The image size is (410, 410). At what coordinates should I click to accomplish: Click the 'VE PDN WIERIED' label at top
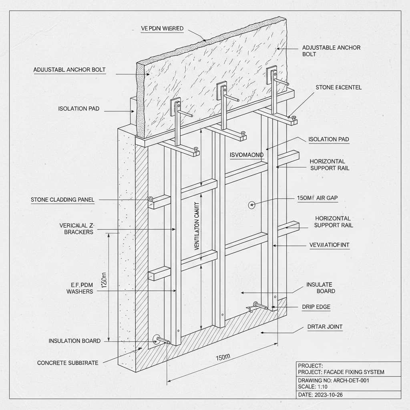[162, 28]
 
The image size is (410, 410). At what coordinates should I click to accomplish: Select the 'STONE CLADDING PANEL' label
[62, 199]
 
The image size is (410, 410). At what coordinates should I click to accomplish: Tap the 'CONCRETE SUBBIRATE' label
[68, 363]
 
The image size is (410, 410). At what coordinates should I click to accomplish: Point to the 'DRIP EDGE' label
[316, 307]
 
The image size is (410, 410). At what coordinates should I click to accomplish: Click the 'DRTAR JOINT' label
[325, 327]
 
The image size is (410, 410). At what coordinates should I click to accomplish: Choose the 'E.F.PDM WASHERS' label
[79, 288]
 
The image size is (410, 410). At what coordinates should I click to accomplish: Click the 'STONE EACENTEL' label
[338, 87]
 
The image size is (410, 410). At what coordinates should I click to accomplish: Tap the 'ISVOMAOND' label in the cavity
[247, 155]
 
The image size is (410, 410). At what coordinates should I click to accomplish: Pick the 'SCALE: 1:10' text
[313, 387]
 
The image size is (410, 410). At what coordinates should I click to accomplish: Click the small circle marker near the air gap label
[252, 205]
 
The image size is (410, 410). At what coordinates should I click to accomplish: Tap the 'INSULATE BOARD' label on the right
[320, 287]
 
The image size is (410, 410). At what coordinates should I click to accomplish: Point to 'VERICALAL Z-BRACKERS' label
[76, 229]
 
